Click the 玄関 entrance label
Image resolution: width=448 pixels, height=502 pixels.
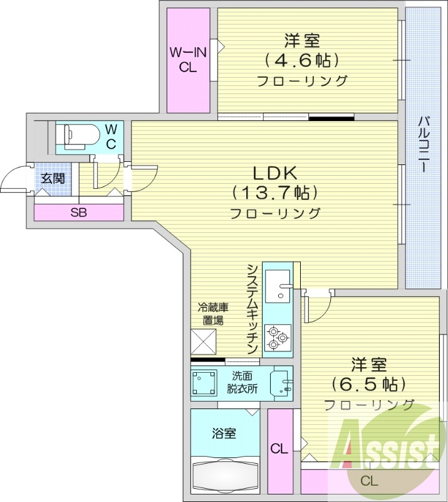[53, 178]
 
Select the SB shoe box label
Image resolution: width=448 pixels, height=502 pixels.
[78, 212]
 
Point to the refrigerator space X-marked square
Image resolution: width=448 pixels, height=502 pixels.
[204, 341]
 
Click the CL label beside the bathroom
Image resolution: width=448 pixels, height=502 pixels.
[279, 449]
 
